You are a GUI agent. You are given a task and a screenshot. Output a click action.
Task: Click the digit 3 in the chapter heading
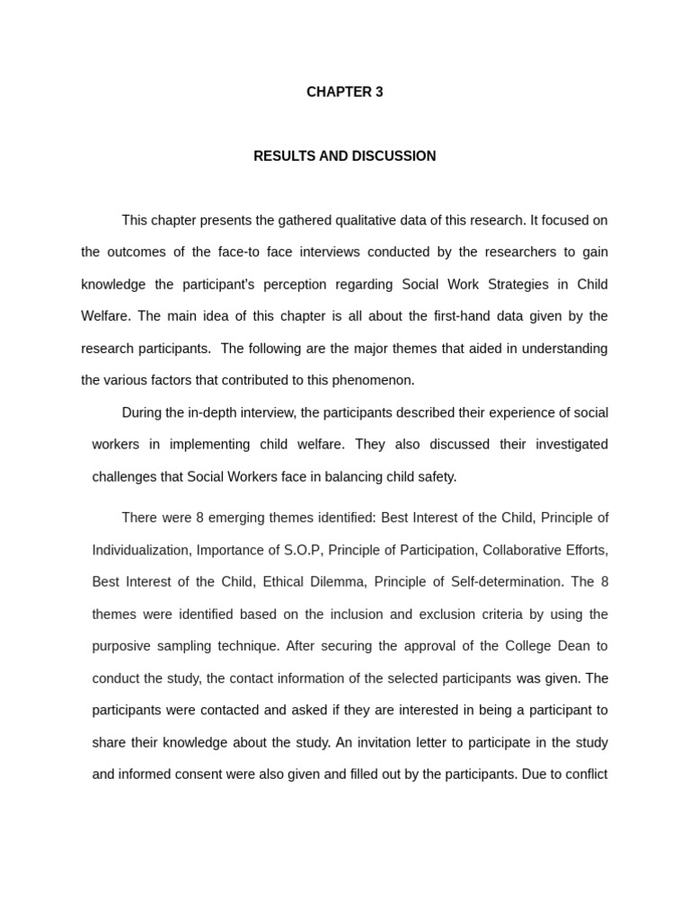click(x=379, y=92)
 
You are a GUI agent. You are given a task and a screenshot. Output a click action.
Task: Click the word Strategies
click(x=511, y=285)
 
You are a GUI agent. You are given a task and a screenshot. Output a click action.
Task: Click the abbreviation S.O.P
click(x=301, y=550)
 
